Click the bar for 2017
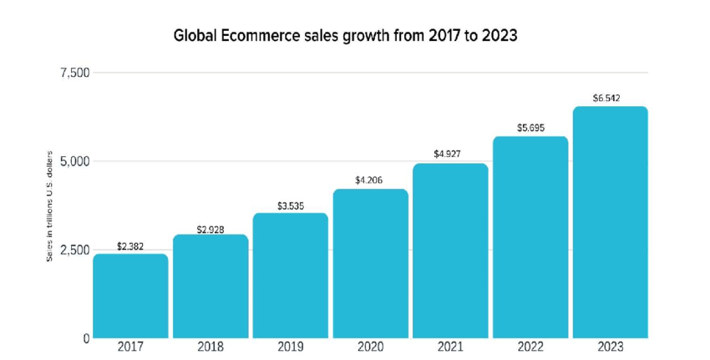pyautogui.click(x=130, y=296)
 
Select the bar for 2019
pyautogui.click(x=291, y=276)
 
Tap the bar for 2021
pyautogui.click(x=450, y=251)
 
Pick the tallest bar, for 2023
pyautogui.click(x=610, y=222)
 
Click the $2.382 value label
pyautogui.click(x=130, y=246)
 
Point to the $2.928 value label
pyautogui.click(x=210, y=228)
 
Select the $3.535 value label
pyautogui.click(x=291, y=205)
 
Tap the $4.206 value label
pyautogui.click(x=370, y=180)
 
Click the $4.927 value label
pyautogui.click(x=450, y=155)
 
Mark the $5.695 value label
pyautogui.click(x=530, y=128)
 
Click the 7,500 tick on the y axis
pyautogui.click(x=74, y=74)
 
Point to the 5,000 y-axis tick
pyautogui.click(x=74, y=161)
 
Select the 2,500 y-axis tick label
pyautogui.click(x=74, y=251)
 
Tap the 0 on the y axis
pyautogui.click(x=86, y=338)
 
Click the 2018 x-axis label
pyautogui.click(x=210, y=347)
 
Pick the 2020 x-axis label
pyautogui.click(x=370, y=347)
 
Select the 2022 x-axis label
pyautogui.click(x=530, y=347)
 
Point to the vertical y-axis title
pyautogui.click(x=50, y=206)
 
